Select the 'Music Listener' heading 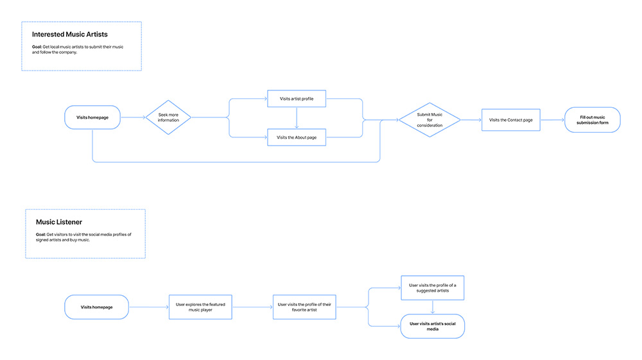coord(59,222)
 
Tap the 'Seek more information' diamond coord(168,117)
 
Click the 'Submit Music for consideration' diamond coord(429,120)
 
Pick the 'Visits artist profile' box coord(297,99)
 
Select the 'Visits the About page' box coord(297,137)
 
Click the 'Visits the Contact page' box coord(510,120)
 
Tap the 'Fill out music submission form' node coord(592,120)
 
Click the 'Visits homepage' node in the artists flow coord(92,117)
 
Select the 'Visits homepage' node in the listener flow coord(96,307)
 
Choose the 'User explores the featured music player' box coord(200,307)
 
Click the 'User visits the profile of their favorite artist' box coord(304,307)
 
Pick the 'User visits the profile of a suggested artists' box coord(432,287)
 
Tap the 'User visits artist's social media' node coord(432,326)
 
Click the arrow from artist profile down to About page coord(297,118)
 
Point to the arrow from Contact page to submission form coord(552,120)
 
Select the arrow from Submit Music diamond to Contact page coord(471,120)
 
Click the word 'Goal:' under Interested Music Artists coord(37,47)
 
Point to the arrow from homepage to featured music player coord(148,307)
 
